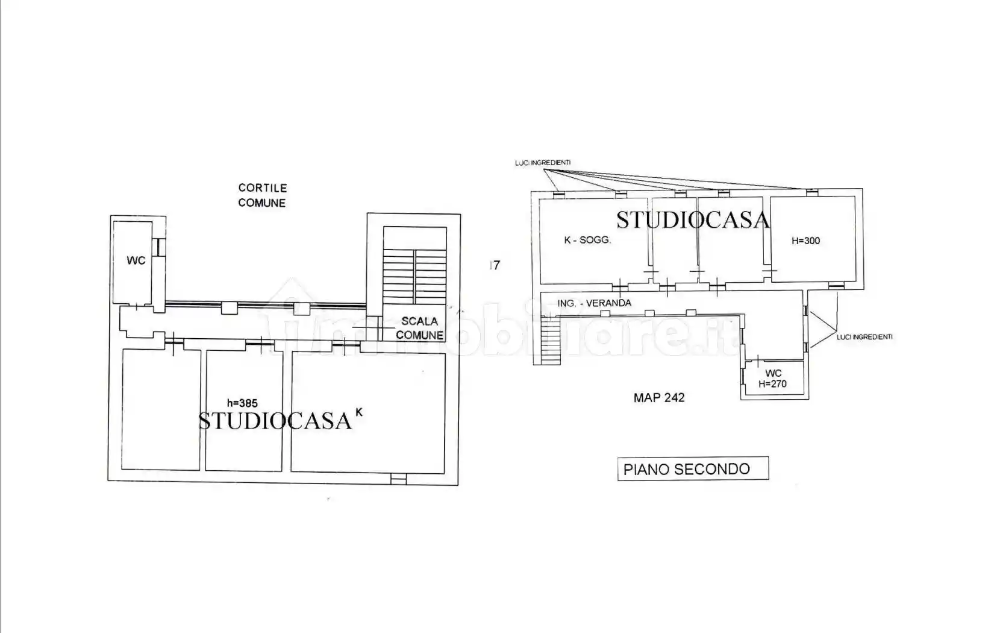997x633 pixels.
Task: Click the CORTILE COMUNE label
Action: tap(262, 195)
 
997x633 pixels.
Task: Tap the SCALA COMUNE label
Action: tap(419, 328)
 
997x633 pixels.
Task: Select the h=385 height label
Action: tap(242, 403)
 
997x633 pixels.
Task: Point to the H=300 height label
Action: tap(805, 241)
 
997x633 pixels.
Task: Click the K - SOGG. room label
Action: tap(587, 240)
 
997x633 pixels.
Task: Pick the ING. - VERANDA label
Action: tap(594, 303)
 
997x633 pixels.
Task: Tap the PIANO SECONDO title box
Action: tap(693, 468)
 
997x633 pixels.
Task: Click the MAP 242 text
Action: tap(659, 397)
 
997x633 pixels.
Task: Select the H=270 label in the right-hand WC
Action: tap(772, 383)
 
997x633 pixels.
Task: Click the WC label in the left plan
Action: tap(136, 260)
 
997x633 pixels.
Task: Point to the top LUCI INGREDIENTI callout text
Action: tap(543, 163)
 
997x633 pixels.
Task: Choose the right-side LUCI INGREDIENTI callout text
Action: tap(864, 337)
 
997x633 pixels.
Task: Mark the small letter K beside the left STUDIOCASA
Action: tap(359, 412)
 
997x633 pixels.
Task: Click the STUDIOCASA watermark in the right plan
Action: tap(693, 220)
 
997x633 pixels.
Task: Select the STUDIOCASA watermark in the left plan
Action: tap(275, 420)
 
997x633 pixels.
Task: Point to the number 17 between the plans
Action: tap(495, 265)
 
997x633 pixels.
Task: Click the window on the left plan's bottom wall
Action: tap(398, 479)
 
